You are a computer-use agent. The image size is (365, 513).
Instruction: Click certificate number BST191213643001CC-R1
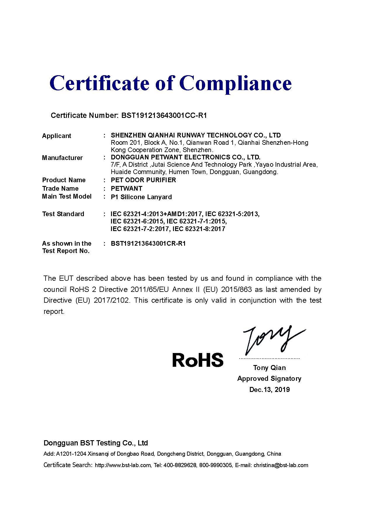164,116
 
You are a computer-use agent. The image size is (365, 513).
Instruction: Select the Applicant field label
57,136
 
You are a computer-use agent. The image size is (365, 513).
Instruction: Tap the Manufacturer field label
62,158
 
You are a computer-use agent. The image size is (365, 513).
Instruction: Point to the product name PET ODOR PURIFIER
143,180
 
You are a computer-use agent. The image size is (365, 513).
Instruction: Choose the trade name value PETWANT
127,189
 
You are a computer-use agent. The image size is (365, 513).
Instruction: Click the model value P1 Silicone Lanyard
141,197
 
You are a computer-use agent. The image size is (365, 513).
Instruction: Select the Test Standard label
63,214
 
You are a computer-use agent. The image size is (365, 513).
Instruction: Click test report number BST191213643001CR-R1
148,244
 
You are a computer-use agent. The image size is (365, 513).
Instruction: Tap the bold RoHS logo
198,360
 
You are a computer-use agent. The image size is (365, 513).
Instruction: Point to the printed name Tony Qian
269,368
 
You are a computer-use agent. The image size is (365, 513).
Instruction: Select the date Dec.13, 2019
269,390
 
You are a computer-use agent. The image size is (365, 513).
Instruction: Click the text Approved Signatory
269,379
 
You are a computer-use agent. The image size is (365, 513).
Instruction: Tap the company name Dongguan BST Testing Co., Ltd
96,443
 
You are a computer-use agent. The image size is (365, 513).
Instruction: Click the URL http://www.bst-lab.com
123,465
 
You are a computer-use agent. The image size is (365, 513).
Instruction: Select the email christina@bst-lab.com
281,465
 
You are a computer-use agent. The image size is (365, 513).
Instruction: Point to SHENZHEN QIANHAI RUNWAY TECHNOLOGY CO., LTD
196,135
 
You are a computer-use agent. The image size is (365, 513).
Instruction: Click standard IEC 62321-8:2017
199,229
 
